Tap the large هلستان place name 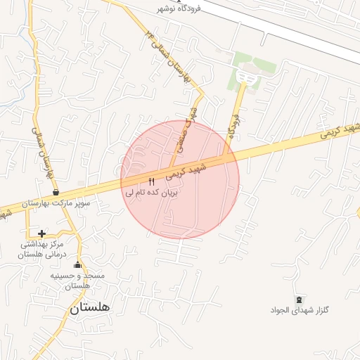pos(90,307)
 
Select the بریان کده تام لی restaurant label pos(152,191)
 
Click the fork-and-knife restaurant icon pos(151,181)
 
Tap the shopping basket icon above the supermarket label pos(56,193)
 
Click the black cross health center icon pos(41,233)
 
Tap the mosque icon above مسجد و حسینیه pos(77,265)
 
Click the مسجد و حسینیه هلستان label pos(77,281)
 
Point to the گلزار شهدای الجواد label pos(300,310)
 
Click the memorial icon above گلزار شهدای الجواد pos(300,300)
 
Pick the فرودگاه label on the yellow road pos(233,126)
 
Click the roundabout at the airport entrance pos(245,76)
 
